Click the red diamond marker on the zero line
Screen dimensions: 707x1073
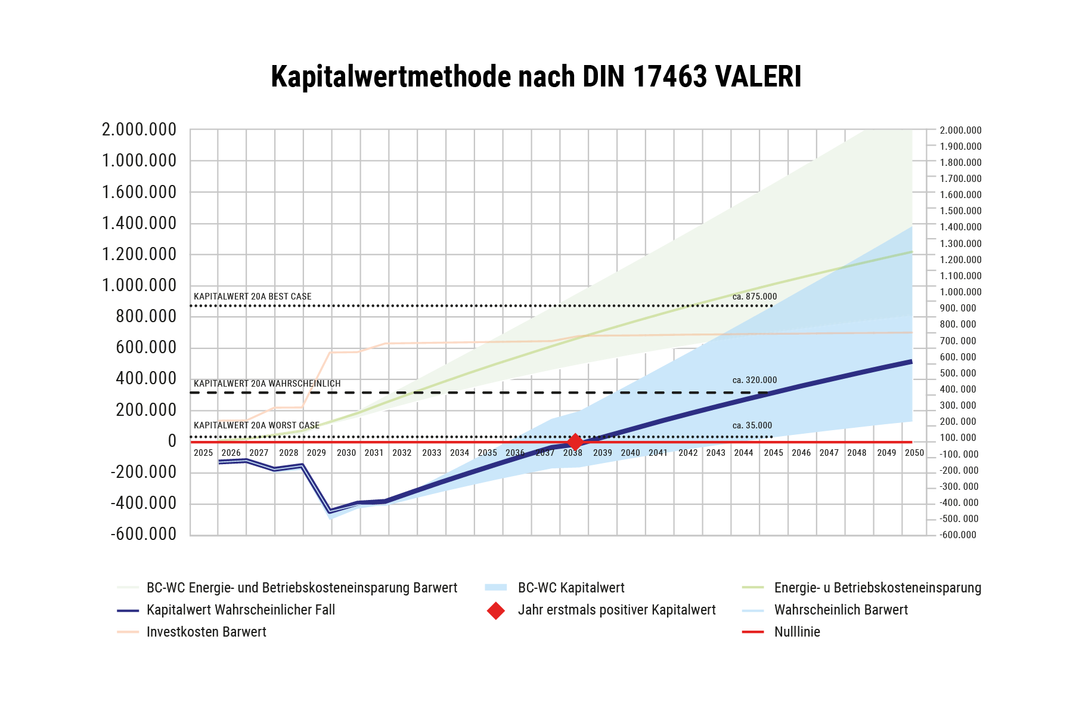(x=575, y=442)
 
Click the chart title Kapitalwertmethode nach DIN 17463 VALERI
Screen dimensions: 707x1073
(x=536, y=77)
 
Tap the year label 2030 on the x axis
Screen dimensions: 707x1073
(x=346, y=453)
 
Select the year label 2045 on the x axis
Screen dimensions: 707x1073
(x=773, y=453)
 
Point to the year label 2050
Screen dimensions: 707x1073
(x=914, y=453)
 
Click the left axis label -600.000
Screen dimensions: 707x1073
(x=144, y=534)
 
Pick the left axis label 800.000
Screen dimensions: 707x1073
(x=146, y=316)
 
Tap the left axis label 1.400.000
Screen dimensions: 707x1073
(x=139, y=223)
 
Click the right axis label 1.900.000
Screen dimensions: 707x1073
(x=960, y=146)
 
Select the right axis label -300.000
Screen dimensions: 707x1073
(x=959, y=486)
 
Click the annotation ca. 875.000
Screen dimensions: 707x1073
(x=755, y=297)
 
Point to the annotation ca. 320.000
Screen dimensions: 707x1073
(x=755, y=380)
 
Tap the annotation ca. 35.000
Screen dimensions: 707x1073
(x=752, y=425)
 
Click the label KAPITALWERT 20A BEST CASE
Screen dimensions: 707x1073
(x=253, y=297)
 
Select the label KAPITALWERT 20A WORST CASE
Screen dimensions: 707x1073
(x=257, y=425)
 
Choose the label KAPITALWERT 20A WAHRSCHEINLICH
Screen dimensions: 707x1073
(x=267, y=384)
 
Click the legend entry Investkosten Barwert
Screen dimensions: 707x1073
(x=206, y=632)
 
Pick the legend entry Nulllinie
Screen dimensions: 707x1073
(x=797, y=632)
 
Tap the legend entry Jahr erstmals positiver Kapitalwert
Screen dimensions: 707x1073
(x=616, y=610)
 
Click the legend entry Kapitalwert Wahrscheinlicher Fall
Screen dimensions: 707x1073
(x=241, y=610)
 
